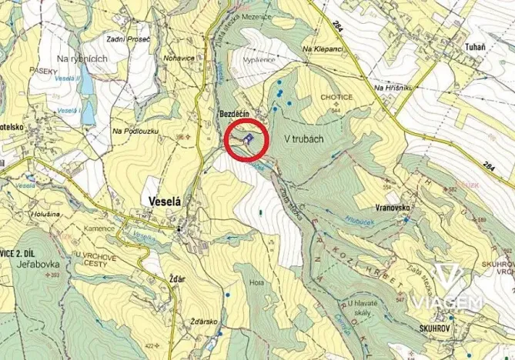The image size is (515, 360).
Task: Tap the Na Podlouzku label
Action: pos(135,131)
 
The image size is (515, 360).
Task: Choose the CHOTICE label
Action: pos(336,97)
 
